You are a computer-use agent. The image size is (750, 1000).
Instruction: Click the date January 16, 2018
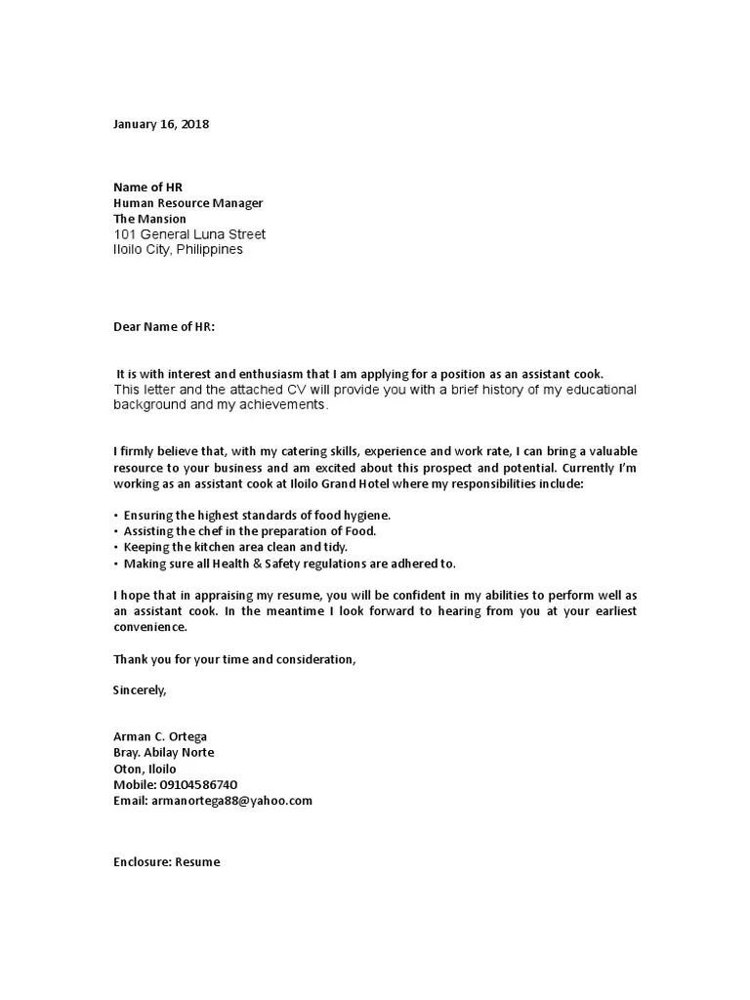161,125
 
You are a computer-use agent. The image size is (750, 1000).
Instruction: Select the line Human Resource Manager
188,203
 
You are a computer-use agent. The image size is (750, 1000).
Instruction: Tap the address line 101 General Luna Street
189,234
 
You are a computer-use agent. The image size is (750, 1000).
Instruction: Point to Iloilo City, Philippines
179,249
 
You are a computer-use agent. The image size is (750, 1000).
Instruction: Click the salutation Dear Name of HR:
164,327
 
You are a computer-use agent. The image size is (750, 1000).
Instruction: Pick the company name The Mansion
149,219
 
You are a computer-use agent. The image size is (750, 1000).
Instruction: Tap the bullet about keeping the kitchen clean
235,547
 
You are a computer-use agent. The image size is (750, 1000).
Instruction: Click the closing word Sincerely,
141,690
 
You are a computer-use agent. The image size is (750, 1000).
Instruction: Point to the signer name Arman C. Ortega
160,736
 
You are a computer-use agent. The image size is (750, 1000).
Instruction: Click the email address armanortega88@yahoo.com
229,800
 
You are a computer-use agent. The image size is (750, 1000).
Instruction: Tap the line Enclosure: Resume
167,862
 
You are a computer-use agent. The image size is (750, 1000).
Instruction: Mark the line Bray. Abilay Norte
163,753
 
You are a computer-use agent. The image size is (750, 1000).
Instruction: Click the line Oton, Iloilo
146,769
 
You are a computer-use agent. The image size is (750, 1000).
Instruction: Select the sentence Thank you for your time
234,659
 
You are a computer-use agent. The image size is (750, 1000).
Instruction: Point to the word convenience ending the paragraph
149,627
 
